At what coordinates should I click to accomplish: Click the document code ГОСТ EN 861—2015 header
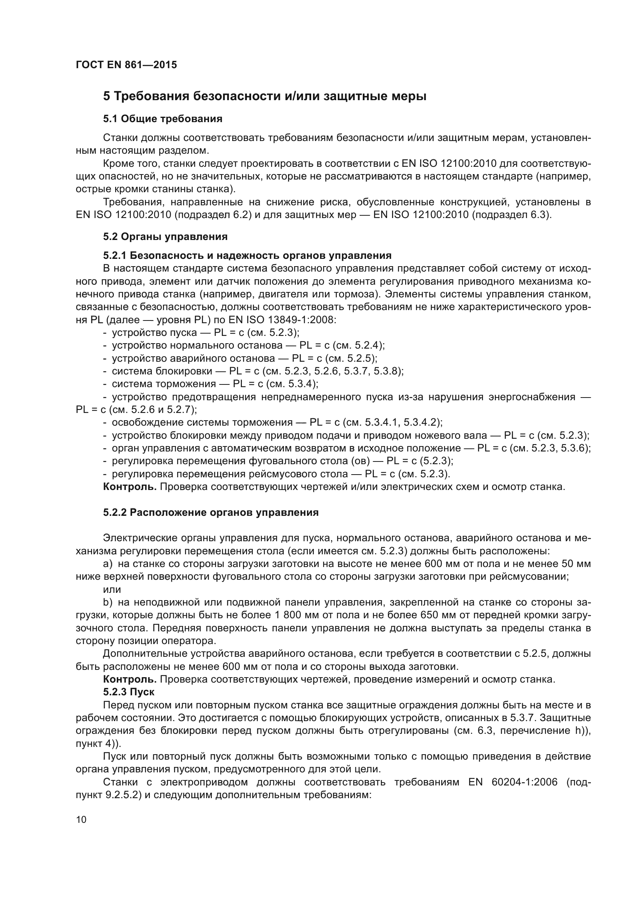[x=126, y=65]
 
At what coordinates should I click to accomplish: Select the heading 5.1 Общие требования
[x=163, y=119]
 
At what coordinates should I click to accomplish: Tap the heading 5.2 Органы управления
[x=165, y=237]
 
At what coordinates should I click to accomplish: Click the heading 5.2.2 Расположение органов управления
[x=211, y=512]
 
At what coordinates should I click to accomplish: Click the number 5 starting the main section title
[x=106, y=96]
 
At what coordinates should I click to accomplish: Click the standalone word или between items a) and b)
[x=112, y=589]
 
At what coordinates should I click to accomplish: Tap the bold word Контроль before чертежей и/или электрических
[x=130, y=487]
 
